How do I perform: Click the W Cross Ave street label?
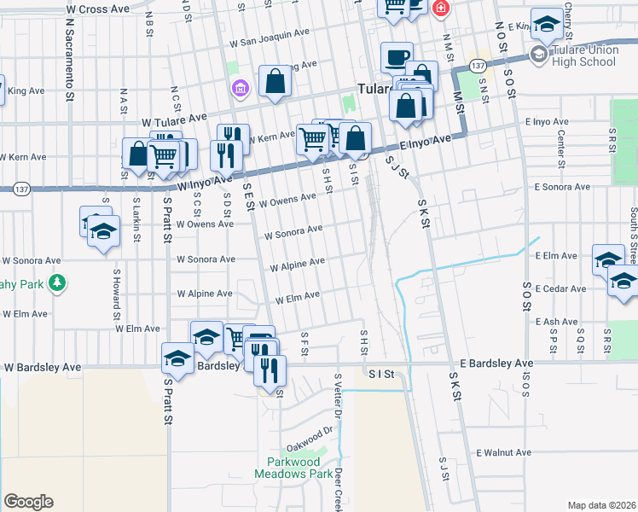tap(99, 9)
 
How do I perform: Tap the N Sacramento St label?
tap(68, 57)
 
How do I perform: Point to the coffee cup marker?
tap(396, 57)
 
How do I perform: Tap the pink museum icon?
tap(240, 87)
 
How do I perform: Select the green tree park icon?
tap(57, 282)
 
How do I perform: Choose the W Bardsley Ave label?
tap(42, 368)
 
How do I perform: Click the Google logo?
tap(28, 502)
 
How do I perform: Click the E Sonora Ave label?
tap(562, 186)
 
